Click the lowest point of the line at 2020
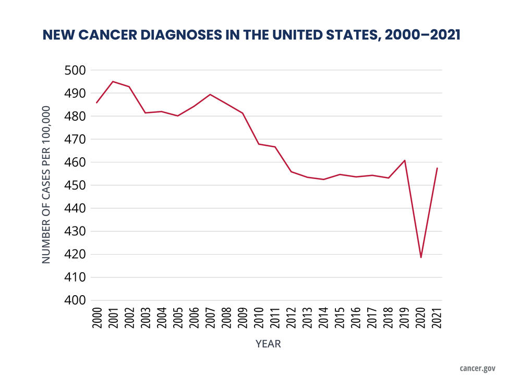[x=421, y=257]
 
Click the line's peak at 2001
[x=113, y=81]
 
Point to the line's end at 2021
[x=437, y=168]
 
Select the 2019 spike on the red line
[x=405, y=160]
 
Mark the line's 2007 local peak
[x=210, y=94]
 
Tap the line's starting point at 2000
[x=97, y=103]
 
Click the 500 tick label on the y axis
[x=73, y=70]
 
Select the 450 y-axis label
[x=73, y=185]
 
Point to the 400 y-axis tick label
[x=73, y=300]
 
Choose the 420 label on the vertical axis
[x=73, y=255]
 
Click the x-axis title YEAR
[x=268, y=344]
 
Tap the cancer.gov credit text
[x=477, y=368]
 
